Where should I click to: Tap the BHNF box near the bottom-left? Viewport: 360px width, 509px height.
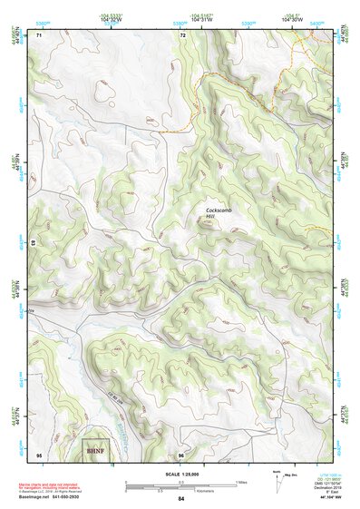tap(94, 449)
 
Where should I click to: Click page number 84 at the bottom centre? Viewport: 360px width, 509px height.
tap(181, 499)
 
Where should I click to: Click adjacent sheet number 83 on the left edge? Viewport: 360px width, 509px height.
tap(34, 244)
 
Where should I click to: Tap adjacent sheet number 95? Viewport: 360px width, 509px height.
tap(39, 454)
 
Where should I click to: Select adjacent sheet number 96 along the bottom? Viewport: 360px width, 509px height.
tap(181, 454)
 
